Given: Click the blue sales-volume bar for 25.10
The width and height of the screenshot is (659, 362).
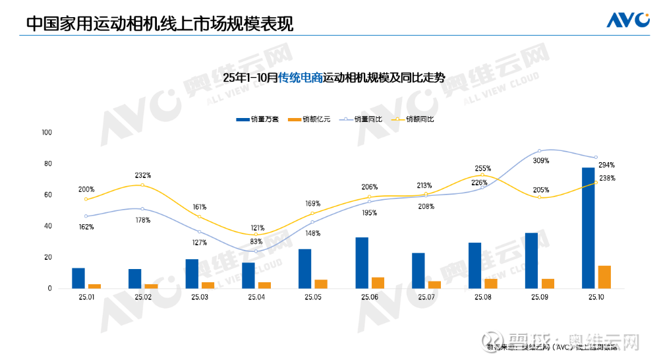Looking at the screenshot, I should [588, 227].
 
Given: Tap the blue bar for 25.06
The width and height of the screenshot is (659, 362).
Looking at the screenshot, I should [362, 262].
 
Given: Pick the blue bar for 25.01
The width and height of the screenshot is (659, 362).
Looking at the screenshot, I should [78, 278].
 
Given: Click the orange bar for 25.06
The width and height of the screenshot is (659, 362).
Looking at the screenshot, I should [378, 283].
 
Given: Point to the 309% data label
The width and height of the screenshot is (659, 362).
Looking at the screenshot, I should [541, 160].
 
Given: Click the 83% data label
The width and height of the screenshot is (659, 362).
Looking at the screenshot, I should [257, 241].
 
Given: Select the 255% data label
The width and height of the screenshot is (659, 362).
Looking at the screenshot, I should [482, 169].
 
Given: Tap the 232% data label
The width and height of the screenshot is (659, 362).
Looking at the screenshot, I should [143, 175].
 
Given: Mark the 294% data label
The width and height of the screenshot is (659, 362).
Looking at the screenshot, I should [607, 165].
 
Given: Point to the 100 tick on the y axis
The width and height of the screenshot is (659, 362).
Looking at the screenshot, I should [46, 133].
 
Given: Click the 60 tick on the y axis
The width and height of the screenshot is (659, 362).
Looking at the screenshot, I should [47, 195].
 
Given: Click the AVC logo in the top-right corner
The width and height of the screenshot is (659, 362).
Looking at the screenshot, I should [628, 20].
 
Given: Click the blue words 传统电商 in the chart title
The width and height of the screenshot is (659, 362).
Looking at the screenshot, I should [300, 78].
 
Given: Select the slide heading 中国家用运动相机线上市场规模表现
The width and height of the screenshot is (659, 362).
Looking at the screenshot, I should [159, 23].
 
